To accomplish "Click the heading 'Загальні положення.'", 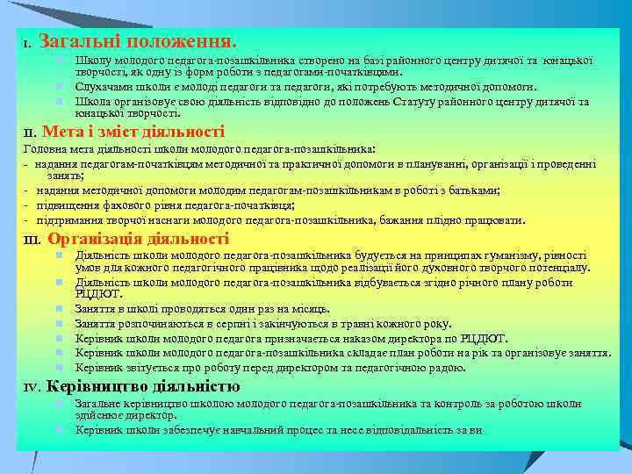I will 138,41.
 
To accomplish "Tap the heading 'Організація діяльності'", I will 139,239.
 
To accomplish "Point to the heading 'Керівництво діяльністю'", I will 142,385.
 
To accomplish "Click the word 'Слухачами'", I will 103,87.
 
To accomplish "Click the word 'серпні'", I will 208,322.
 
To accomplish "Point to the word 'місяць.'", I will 307,308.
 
